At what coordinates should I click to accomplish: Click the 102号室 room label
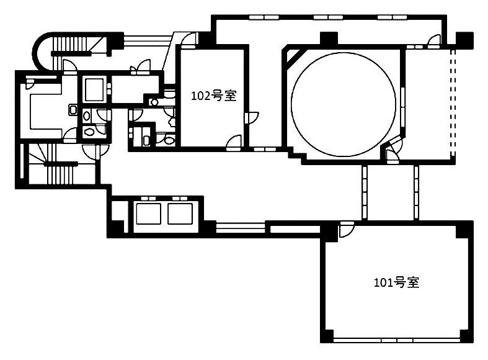214,96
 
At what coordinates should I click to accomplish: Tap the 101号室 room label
396,282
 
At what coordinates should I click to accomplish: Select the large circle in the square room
344,104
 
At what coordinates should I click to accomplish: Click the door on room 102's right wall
252,118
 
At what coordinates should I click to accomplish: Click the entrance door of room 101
347,230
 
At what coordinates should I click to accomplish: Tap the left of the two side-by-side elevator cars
148,214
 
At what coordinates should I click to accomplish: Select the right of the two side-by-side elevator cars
180,214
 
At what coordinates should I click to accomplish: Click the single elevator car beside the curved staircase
94,89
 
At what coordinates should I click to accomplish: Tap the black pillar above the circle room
329,38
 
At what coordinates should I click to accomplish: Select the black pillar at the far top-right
464,40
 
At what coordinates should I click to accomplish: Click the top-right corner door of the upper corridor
434,40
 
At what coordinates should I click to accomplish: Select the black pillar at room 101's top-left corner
329,231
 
